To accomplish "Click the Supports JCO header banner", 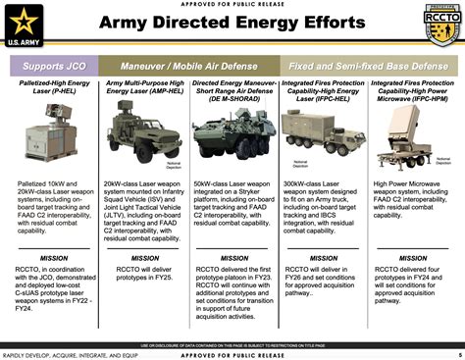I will [53, 68].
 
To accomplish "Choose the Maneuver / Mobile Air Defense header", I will [187, 68].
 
